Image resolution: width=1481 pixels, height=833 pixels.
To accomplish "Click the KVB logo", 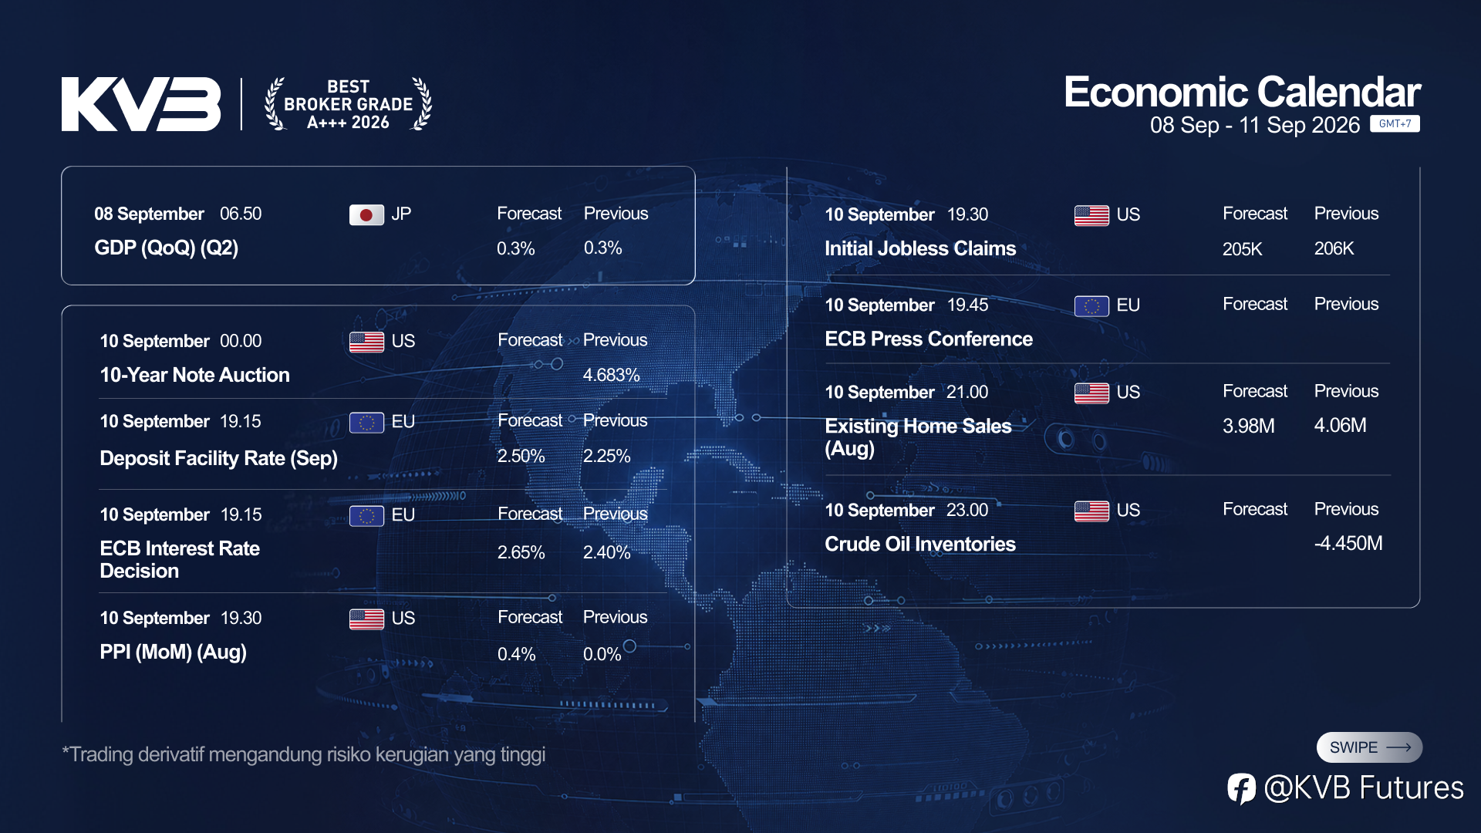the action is tap(141, 104).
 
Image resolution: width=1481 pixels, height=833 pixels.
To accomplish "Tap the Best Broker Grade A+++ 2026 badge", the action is tap(348, 104).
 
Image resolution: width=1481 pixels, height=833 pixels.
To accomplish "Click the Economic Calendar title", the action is tap(1242, 92).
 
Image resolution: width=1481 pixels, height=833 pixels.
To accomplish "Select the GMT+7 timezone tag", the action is tap(1395, 123).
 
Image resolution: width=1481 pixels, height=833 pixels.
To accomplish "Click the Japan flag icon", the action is tap(366, 214).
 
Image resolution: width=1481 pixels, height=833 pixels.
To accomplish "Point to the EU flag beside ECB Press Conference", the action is tap(1091, 306).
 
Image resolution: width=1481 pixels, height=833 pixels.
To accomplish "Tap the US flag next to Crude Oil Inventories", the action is tap(1091, 511).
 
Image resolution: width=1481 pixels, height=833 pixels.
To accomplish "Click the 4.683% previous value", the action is tap(611, 376).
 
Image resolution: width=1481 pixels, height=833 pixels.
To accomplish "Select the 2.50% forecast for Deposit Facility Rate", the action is tap(521, 456).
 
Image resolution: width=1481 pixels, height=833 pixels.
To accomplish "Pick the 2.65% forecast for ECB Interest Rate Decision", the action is tap(521, 552).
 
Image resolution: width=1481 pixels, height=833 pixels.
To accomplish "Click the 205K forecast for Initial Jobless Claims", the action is tap(1242, 249).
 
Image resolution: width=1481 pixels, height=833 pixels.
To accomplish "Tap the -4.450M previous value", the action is tap(1348, 544).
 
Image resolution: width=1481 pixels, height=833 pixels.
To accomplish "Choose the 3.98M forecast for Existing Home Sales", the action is tap(1248, 426).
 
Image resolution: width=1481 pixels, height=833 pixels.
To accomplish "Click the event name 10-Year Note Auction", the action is tap(194, 376).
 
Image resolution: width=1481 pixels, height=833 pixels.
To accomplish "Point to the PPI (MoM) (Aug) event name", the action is tap(173, 653).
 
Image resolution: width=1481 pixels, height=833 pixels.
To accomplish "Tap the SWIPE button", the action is tap(1369, 747).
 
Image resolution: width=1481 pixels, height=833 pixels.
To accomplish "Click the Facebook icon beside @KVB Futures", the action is tap(1241, 788).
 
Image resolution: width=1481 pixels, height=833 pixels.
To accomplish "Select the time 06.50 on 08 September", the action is tap(241, 214).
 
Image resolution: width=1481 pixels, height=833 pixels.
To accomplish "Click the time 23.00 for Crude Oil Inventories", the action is tap(967, 510).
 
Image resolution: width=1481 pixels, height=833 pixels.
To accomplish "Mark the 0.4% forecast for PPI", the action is tap(516, 654).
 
